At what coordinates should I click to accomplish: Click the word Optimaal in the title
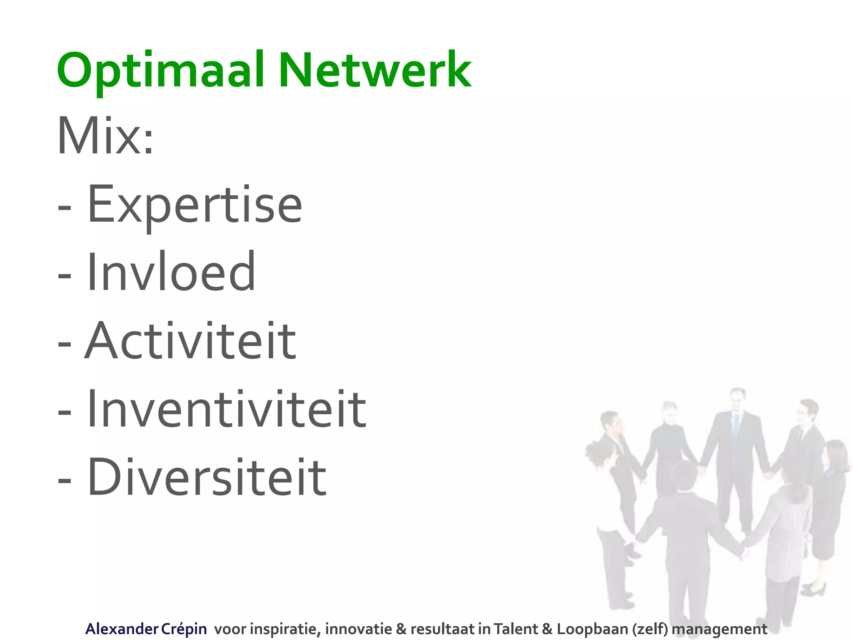click(x=160, y=71)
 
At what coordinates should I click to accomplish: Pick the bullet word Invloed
click(x=171, y=272)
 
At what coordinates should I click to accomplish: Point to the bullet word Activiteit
click(x=190, y=340)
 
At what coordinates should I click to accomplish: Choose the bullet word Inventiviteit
click(x=227, y=409)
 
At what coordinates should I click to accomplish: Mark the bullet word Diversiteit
click(x=207, y=477)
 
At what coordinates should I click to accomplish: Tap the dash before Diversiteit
click(x=65, y=479)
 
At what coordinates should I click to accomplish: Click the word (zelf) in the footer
click(x=649, y=629)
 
